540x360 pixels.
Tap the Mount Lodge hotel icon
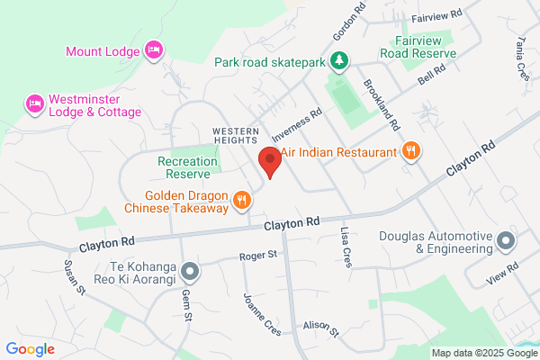pos(152,50)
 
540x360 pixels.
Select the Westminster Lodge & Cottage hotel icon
pos(35,105)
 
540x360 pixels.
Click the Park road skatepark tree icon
pos(339,62)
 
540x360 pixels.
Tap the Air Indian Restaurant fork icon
pos(410,152)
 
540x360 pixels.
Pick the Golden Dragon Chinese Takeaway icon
pos(241,201)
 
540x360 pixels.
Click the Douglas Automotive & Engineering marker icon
pos(506,241)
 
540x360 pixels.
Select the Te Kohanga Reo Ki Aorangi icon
pos(189,270)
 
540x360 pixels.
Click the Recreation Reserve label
pos(188,167)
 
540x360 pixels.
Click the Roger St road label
pos(258,256)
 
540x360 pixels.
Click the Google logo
pos(30,349)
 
